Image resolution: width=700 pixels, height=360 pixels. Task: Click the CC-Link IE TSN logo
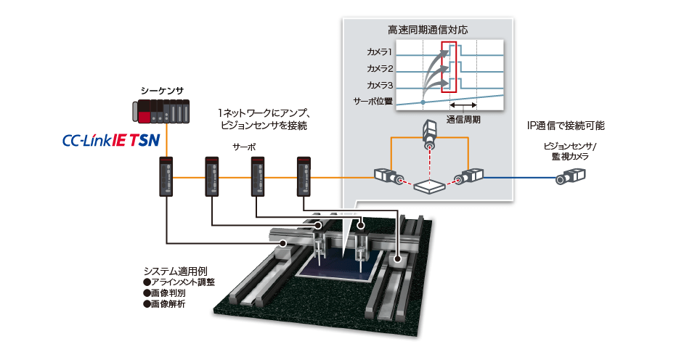108,139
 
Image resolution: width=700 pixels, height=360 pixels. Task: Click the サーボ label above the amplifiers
244,146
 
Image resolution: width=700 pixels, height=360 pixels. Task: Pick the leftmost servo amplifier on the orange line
166,177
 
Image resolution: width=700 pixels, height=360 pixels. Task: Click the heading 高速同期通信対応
428,31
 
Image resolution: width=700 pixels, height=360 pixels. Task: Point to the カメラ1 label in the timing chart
380,52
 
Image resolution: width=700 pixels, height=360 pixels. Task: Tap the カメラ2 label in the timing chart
380,68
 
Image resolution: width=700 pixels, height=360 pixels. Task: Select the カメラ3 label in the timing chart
380,85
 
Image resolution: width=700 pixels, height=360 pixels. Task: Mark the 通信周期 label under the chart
463,119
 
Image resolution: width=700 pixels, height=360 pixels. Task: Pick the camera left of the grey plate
387,176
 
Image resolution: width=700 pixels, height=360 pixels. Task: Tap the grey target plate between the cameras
429,187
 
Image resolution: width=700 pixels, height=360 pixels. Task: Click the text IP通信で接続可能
566,126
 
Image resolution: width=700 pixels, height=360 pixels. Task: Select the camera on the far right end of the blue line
570,177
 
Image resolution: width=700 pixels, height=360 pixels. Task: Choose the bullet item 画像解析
167,304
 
